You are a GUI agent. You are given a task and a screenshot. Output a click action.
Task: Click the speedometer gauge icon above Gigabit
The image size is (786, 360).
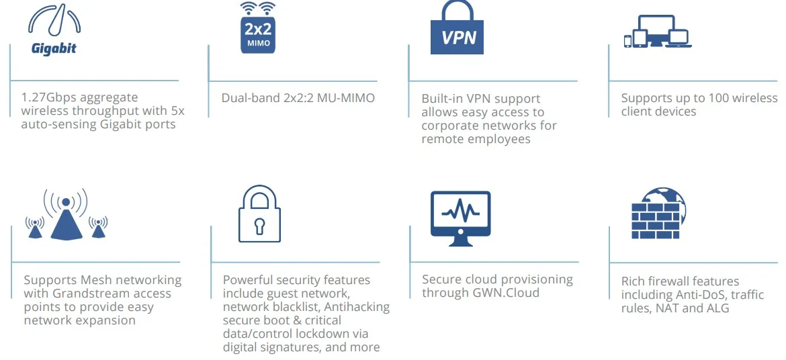[x=54, y=21]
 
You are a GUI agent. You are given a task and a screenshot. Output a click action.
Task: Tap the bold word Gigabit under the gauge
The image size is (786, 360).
[x=54, y=48]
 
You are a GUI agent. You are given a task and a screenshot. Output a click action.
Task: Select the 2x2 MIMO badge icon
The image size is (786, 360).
[x=258, y=28]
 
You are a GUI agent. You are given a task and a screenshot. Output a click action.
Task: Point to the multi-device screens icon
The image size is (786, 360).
[x=657, y=32]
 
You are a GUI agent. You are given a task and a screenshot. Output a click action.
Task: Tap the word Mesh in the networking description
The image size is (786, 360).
[x=89, y=280]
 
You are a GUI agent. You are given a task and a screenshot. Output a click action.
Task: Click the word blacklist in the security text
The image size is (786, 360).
[x=286, y=307]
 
